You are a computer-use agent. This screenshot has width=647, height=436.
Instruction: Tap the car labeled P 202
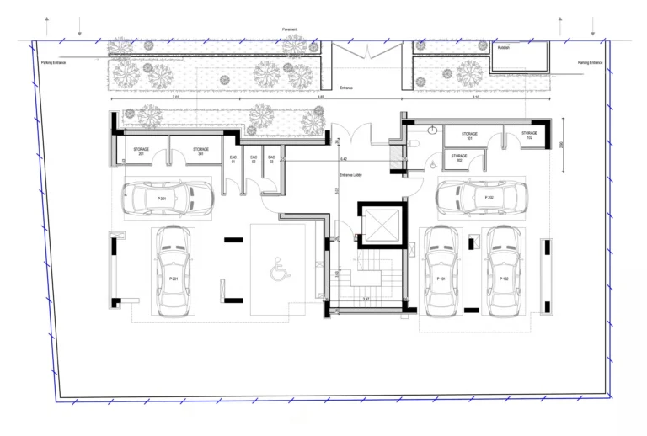482,199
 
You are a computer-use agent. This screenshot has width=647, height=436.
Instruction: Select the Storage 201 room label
141,151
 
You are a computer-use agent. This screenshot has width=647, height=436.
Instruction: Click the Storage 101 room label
469,135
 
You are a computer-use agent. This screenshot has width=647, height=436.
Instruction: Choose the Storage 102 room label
529,135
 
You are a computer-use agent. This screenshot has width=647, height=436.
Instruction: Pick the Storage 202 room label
459,157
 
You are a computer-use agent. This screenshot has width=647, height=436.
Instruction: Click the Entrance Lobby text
350,174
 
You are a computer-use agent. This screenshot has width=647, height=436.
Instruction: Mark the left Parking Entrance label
54,62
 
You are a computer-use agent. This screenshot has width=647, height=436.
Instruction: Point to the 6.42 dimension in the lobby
344,158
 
